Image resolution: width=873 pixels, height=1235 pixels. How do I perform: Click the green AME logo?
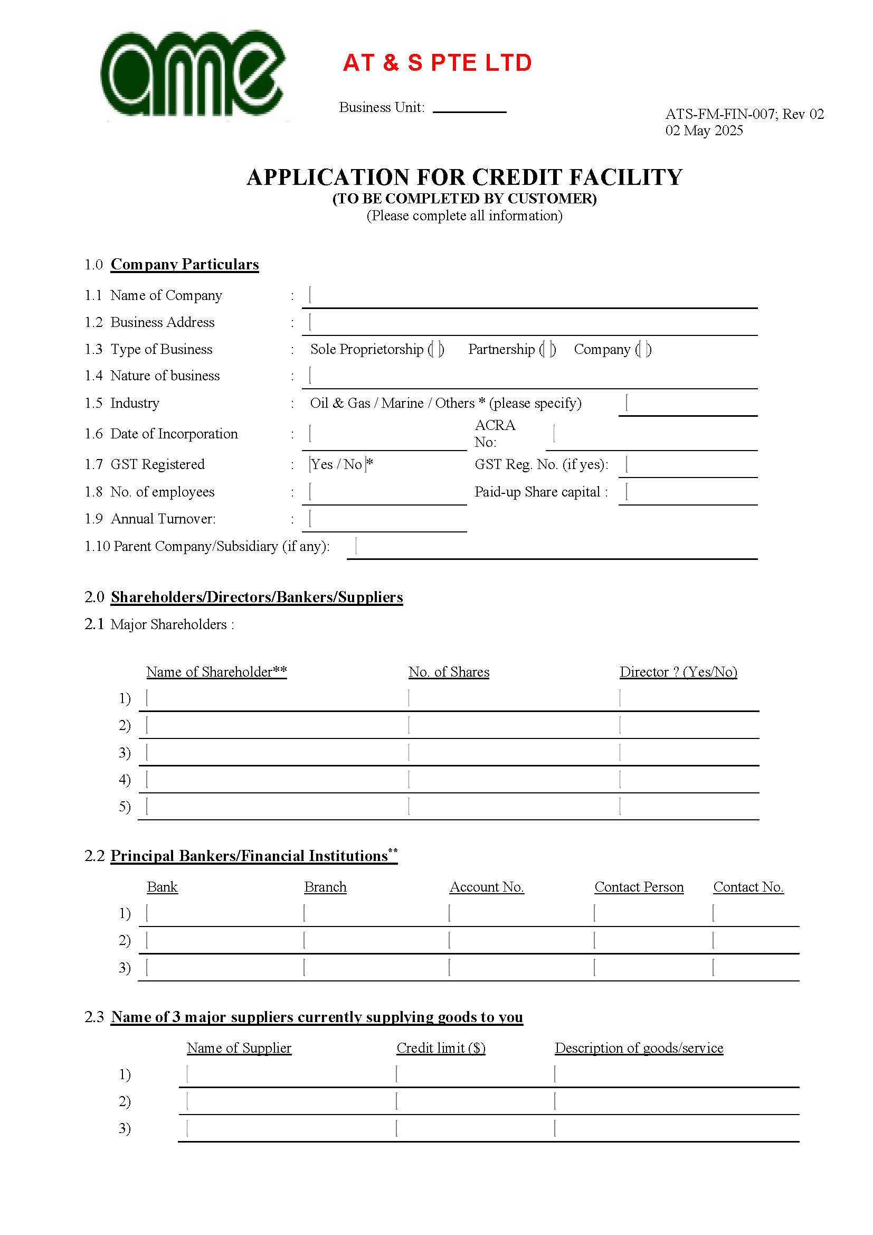pos(194,74)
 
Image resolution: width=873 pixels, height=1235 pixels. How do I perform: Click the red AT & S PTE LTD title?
pos(437,63)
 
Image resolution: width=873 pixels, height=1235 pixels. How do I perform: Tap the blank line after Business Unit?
pos(469,108)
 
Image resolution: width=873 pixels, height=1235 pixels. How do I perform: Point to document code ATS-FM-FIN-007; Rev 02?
pos(744,114)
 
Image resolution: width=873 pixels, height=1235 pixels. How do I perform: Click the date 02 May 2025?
pos(704,130)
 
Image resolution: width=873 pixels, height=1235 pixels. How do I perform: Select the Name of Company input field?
pos(529,296)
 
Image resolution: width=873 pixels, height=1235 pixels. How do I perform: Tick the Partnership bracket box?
pos(548,350)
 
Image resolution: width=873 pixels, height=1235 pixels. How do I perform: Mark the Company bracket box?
pos(643,350)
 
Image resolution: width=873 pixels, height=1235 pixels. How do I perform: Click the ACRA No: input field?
pos(651,435)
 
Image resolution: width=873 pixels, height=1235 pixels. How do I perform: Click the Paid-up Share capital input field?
pos(688,492)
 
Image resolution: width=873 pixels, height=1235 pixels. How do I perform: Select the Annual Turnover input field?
pos(384,520)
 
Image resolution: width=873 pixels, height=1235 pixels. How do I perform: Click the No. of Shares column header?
pos(449,672)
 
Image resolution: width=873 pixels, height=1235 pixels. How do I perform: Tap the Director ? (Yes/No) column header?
pos(678,672)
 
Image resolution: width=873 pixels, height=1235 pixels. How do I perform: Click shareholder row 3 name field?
pos(274,753)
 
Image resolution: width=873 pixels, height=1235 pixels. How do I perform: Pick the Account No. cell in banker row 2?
pos(519,941)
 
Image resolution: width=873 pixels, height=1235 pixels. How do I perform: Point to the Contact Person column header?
pos(639,887)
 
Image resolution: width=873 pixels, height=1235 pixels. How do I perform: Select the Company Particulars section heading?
pos(184,265)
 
